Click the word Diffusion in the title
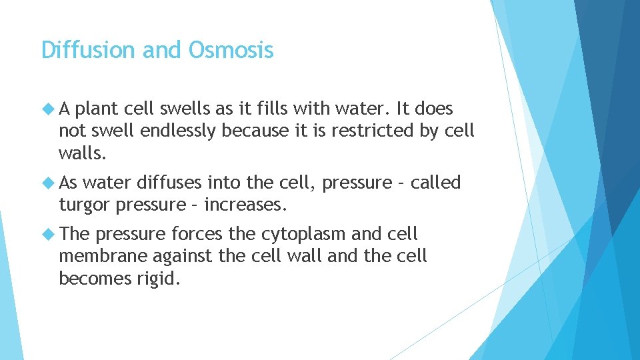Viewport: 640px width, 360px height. (79, 50)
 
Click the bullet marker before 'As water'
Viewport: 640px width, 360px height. (49, 183)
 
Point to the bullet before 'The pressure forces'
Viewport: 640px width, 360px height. (49, 234)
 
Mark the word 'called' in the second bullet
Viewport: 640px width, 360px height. (435, 183)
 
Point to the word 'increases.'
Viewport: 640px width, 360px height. (245, 205)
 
